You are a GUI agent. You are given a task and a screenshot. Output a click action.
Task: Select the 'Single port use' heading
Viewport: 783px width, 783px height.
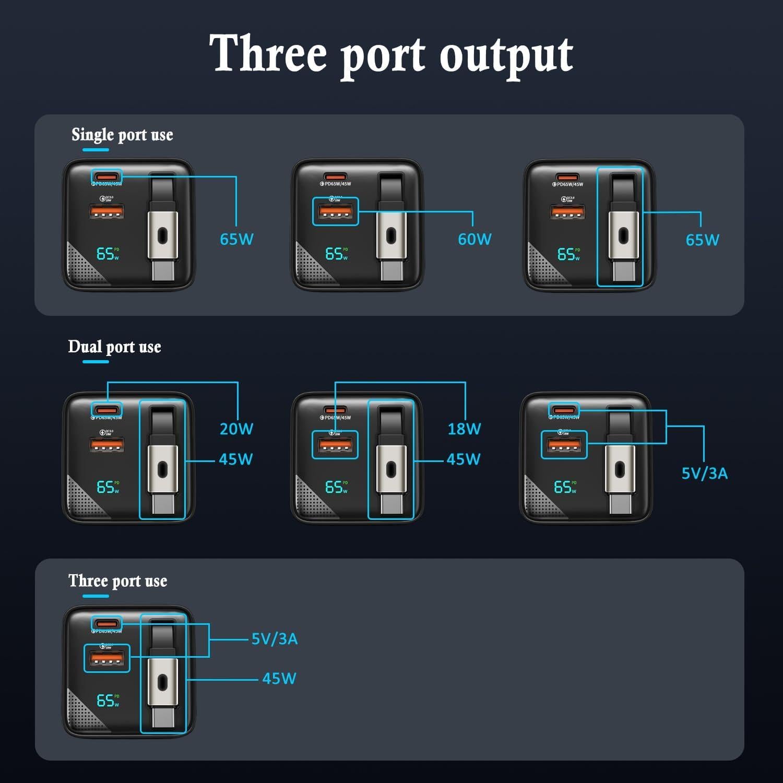[x=122, y=135]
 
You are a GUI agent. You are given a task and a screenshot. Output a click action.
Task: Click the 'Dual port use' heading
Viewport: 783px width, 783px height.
[x=114, y=347]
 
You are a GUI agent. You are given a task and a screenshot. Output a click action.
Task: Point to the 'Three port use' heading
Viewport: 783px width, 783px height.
[x=117, y=581]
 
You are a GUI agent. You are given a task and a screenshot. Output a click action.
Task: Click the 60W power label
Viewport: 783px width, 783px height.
[x=474, y=239]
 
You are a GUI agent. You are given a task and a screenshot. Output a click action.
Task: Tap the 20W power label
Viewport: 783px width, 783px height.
[x=236, y=429]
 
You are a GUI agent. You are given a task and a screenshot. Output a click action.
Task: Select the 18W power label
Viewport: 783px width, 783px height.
[x=464, y=429]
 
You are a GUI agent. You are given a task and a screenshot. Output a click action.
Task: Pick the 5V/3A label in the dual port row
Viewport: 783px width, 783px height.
[x=704, y=473]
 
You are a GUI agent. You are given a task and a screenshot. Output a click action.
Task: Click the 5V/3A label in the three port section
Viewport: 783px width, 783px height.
[x=275, y=639]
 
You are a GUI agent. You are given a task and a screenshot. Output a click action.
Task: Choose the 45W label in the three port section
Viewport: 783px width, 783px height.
[x=279, y=679]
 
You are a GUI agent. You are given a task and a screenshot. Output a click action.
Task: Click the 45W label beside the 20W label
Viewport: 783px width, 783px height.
[x=236, y=459]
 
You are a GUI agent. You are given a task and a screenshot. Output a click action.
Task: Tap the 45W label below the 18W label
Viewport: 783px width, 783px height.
[x=464, y=459]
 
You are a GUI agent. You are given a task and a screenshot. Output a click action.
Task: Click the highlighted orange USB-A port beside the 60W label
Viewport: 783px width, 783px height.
[x=335, y=212]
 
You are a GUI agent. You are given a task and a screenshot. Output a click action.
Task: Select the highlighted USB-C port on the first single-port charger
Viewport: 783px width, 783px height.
[x=106, y=176]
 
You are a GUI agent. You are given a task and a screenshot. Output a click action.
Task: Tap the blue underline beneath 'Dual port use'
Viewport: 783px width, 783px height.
[x=96, y=361]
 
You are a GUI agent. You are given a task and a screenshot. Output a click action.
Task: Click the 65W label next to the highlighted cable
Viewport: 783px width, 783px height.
[x=702, y=240]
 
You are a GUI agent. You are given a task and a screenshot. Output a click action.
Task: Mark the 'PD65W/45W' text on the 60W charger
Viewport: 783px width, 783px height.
[x=337, y=184]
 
